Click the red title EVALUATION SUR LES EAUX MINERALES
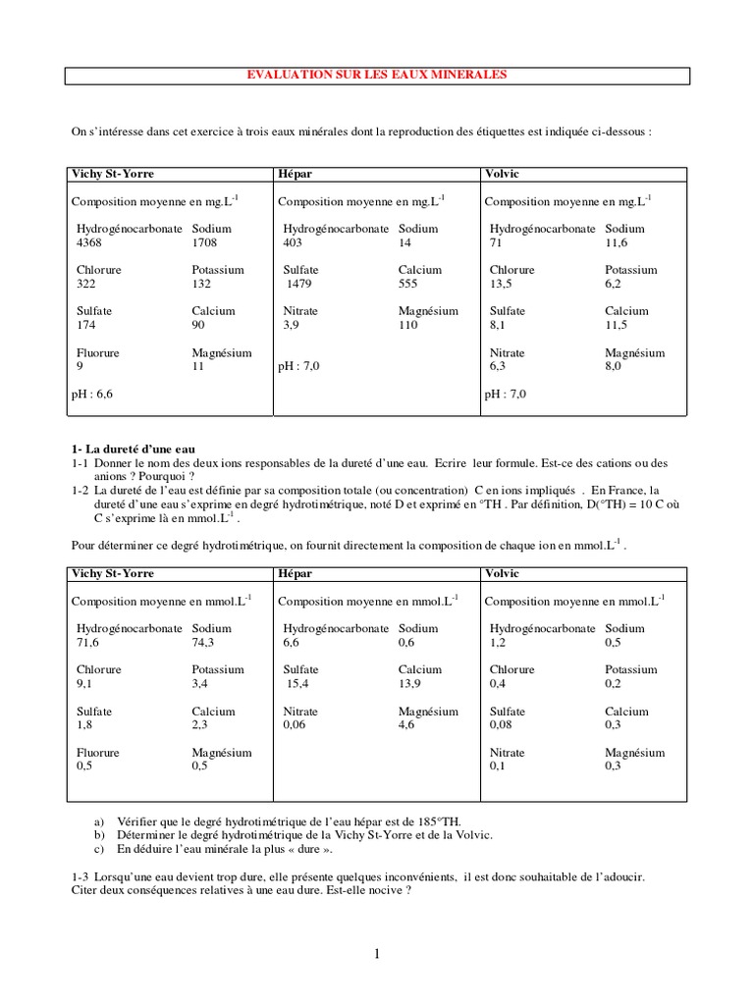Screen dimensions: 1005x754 tap(377, 75)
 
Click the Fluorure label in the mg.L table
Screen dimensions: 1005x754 tap(97, 352)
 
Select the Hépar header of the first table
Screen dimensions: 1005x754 tap(294, 174)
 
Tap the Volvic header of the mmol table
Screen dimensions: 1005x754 tap(502, 573)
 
